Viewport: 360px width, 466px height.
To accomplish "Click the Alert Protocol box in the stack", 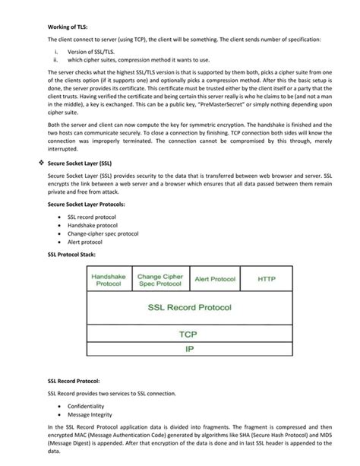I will (214, 279).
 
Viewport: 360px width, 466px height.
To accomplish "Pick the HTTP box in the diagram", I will (267, 279).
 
